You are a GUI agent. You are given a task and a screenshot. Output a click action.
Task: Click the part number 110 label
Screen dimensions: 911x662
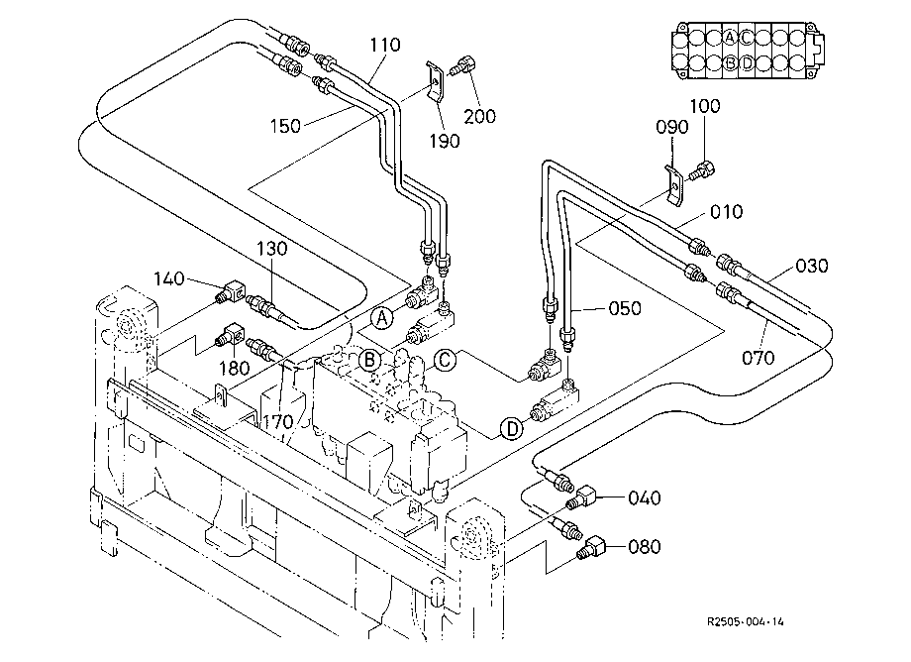(385, 45)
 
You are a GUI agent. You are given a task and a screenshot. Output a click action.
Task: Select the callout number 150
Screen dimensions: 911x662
(285, 126)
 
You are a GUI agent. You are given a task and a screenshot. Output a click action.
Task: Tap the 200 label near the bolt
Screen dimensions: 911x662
(480, 116)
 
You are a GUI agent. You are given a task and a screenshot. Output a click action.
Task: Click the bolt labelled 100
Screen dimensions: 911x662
(702, 170)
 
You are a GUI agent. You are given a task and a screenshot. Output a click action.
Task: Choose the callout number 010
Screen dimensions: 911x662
(726, 211)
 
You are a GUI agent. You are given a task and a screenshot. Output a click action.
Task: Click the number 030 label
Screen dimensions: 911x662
(812, 266)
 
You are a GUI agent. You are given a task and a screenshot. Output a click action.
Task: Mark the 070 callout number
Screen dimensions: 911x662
(759, 357)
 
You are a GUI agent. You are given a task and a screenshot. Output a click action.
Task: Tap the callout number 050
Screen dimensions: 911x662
(625, 308)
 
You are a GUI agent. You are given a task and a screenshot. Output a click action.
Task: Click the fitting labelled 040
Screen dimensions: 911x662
(581, 497)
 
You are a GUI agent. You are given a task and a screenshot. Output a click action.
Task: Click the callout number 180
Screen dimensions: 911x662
(234, 368)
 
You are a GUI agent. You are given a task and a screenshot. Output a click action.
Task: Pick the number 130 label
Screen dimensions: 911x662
(272, 249)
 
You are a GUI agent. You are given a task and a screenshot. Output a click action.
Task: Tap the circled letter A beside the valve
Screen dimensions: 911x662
(381, 318)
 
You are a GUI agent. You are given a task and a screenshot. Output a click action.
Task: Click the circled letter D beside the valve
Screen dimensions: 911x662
(511, 429)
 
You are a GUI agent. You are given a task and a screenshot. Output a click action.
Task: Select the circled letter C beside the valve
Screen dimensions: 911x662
(445, 361)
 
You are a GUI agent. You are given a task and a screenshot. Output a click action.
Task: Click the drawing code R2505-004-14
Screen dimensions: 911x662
(746, 621)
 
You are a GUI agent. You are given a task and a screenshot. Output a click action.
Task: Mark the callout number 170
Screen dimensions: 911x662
(277, 422)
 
